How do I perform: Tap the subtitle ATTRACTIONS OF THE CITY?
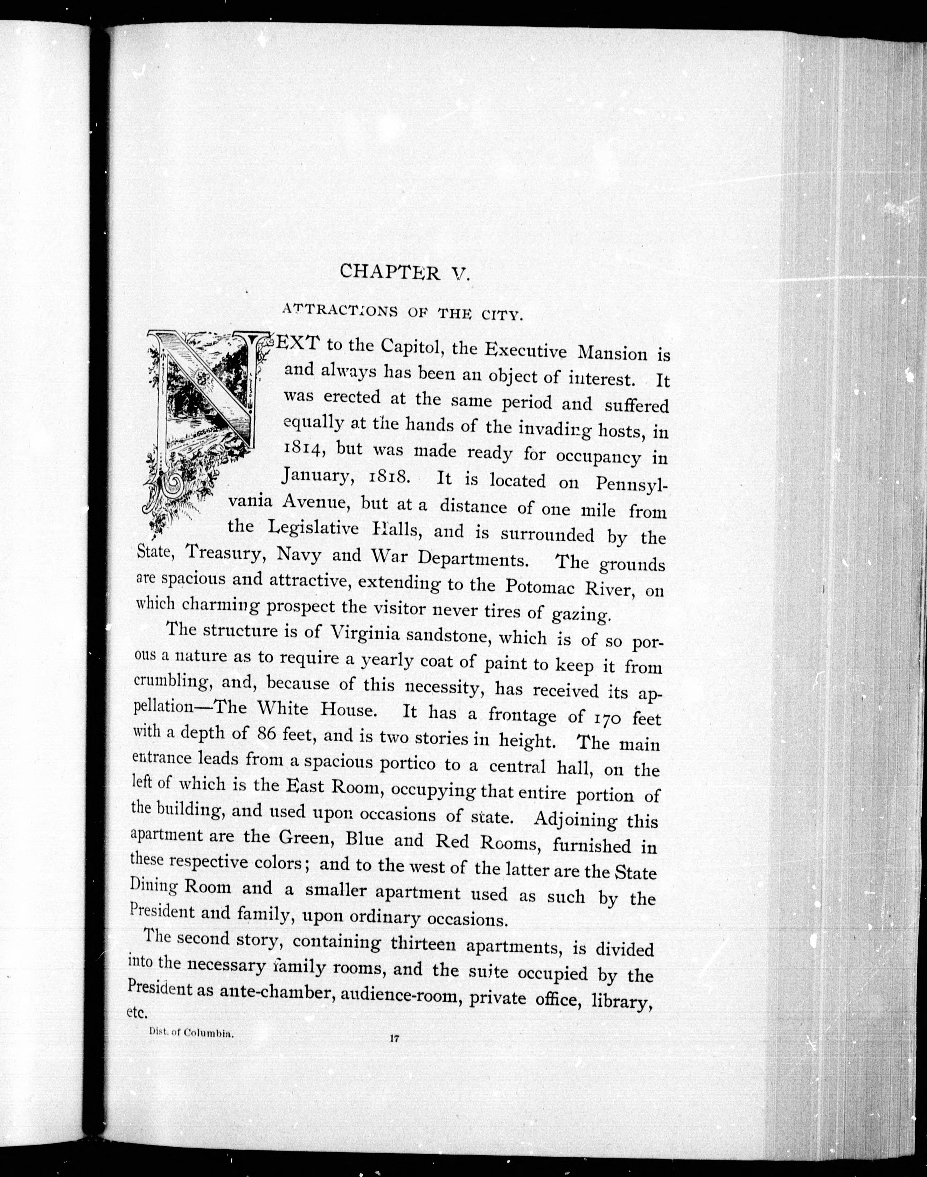click(x=402, y=312)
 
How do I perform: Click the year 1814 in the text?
click(x=304, y=448)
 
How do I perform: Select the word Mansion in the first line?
click(x=612, y=353)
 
